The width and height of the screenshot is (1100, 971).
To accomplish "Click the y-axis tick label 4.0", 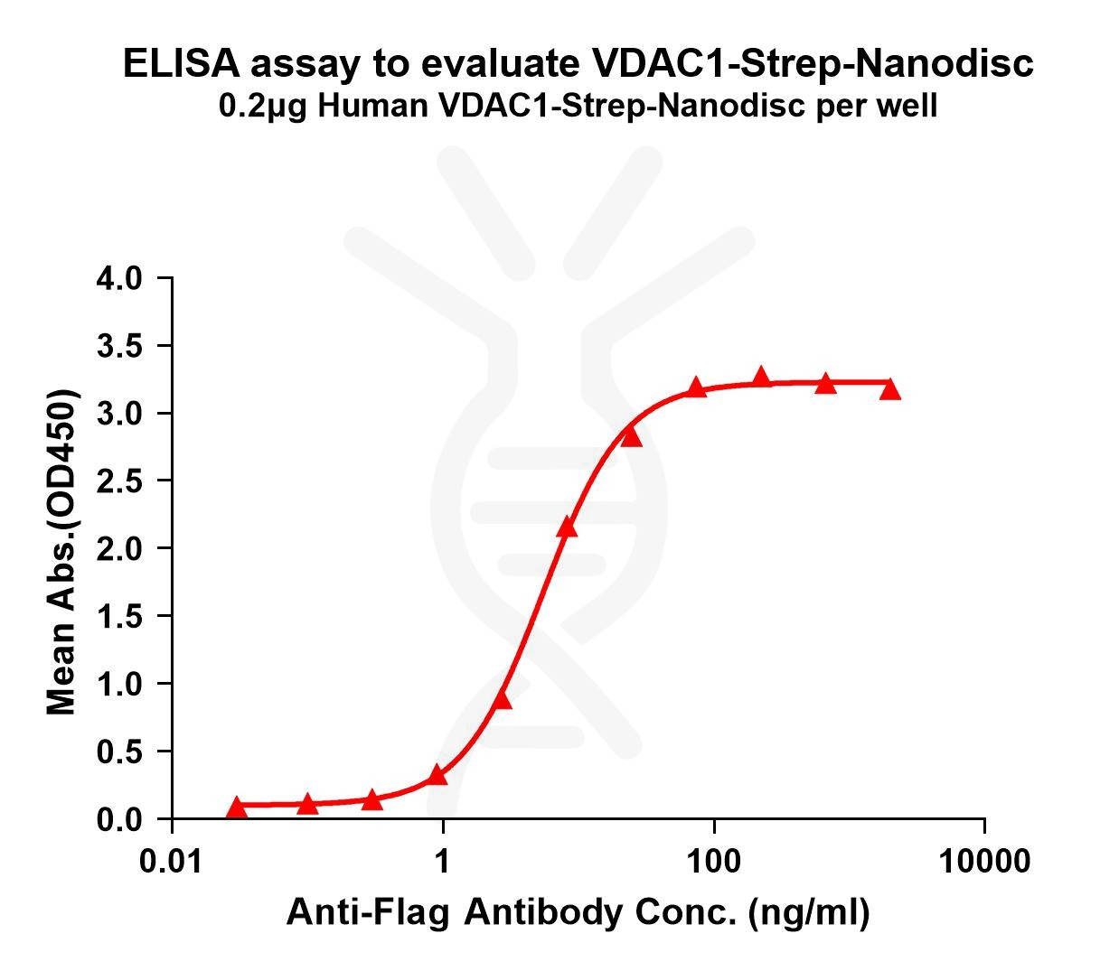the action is click(x=119, y=278).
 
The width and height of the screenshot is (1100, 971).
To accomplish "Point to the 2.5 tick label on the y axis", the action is click(x=119, y=481).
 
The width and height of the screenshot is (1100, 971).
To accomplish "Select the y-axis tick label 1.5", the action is click(x=119, y=616).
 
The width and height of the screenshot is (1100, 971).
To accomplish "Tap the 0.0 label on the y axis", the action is click(x=119, y=819).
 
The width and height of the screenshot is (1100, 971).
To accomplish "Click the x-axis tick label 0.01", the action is click(x=171, y=862).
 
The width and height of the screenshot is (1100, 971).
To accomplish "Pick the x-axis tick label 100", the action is click(x=713, y=862).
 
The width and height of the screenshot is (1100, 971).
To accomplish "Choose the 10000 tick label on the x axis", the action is click(x=983, y=862).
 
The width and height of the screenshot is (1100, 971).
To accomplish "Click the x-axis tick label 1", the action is click(x=443, y=862).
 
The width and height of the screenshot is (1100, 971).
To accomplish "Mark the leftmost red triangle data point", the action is click(x=236, y=808).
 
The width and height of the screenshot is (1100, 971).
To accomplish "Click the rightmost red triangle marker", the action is click(x=889, y=389).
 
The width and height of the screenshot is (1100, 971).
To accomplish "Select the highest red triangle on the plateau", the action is click(x=761, y=376).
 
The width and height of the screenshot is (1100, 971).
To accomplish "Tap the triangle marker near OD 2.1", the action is click(x=567, y=527).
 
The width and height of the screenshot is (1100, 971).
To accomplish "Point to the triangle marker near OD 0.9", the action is click(x=503, y=700).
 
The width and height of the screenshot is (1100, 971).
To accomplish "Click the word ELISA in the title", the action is click(x=182, y=63).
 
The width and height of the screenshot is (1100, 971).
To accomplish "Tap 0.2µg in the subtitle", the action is click(x=262, y=107).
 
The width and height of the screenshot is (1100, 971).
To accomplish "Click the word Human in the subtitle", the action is click(x=373, y=106).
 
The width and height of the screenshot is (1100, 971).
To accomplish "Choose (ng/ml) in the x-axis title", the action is click(x=809, y=913).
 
